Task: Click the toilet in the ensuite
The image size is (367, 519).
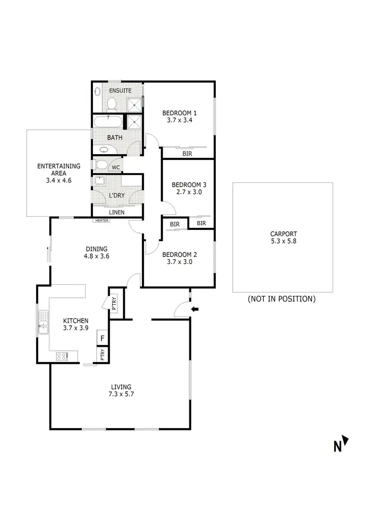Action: tap(111, 104)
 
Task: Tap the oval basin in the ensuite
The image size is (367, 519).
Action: tap(97, 91)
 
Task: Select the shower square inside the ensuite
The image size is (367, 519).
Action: tap(134, 104)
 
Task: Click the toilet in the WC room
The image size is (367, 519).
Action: tap(101, 164)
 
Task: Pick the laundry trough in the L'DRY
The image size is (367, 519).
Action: tap(99, 181)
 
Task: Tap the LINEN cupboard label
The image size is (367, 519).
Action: tap(116, 212)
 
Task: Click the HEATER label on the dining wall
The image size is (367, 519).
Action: tap(102, 220)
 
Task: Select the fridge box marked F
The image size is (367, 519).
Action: tap(103, 338)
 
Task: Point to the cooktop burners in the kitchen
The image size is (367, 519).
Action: tap(62, 357)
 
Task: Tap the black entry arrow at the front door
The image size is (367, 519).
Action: tap(195, 309)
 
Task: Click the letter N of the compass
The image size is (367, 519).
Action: tap(337, 446)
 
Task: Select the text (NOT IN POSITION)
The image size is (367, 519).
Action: tap(281, 299)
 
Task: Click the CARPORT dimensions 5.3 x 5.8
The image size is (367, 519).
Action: tap(283, 241)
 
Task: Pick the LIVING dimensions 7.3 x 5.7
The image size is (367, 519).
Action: tap(120, 394)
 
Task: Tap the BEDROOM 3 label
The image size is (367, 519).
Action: tap(189, 185)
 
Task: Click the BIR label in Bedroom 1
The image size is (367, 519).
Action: tap(187, 154)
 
